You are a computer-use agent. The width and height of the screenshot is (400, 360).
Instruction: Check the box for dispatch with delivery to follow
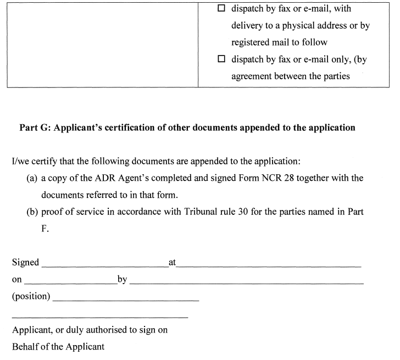221,9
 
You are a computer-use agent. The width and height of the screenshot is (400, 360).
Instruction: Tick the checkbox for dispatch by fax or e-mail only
221,59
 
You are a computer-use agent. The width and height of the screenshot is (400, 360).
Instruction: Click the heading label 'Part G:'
35,128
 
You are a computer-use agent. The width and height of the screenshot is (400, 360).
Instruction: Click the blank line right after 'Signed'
104,266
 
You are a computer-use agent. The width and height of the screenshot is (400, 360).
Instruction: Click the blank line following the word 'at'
269,266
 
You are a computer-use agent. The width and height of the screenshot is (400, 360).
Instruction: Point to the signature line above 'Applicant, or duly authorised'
100,317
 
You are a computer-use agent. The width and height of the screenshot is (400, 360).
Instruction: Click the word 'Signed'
25,263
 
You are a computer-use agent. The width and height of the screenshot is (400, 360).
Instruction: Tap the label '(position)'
31,297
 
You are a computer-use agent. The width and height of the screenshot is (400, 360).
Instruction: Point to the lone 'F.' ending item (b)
45,228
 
